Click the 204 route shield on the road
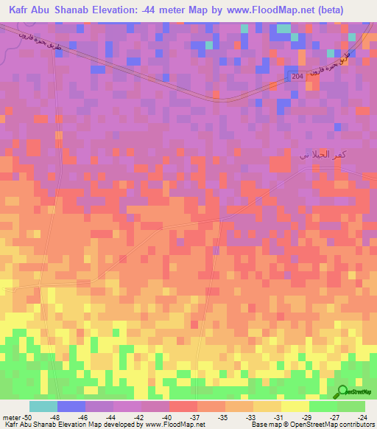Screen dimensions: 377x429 [x=297, y=76]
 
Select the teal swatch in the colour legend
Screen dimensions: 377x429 [x=43, y=406]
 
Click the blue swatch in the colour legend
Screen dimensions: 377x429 [x=71, y=406]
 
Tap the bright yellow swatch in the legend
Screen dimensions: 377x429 [x=295, y=406]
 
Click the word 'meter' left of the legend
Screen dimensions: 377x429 [x=13, y=416]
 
